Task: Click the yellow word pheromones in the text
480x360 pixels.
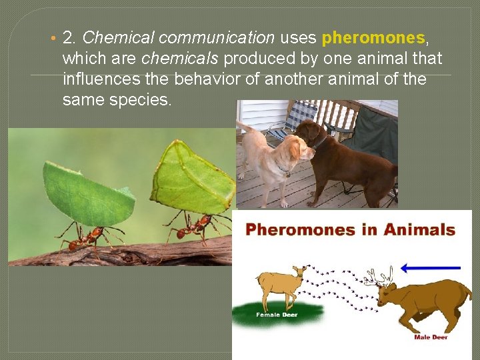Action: point(372,38)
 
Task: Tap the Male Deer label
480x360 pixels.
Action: point(431,337)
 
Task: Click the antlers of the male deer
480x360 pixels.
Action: point(381,275)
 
